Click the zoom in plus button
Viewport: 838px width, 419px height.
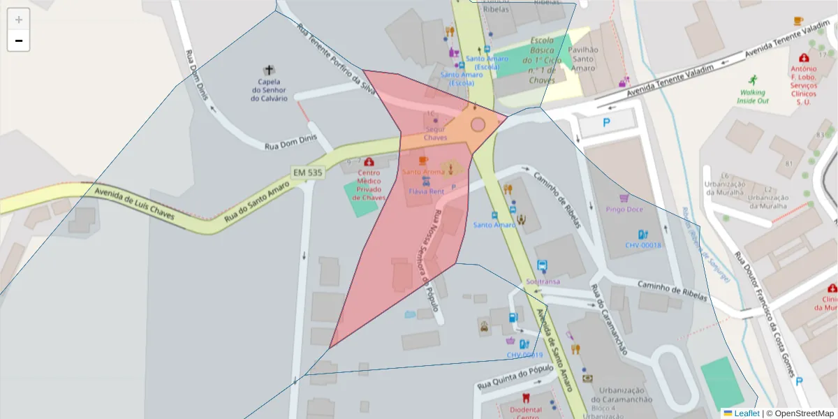click(19, 20)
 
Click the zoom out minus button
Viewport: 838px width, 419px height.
click(19, 41)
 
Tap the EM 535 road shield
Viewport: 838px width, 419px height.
click(307, 172)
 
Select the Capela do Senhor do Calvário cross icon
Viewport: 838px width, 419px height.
click(269, 71)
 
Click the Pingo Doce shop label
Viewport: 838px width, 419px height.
click(624, 208)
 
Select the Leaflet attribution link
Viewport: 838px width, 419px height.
click(747, 413)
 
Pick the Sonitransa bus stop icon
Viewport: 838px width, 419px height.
click(542, 266)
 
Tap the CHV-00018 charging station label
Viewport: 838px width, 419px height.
click(642, 245)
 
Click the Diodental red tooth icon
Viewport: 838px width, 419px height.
click(526, 398)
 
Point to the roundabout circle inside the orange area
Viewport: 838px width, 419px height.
click(478, 125)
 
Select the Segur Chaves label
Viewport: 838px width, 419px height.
click(435, 133)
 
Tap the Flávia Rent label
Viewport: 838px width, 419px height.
click(426, 191)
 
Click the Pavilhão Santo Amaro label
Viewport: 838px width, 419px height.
click(583, 59)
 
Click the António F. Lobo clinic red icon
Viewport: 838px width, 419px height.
click(804, 57)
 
